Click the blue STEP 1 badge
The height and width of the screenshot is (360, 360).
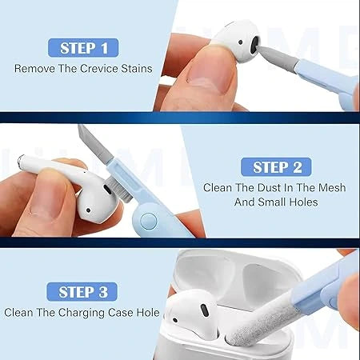point(82,48)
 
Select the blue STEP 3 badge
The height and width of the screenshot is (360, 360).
point(83,290)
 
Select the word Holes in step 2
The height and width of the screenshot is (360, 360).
point(301,202)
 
